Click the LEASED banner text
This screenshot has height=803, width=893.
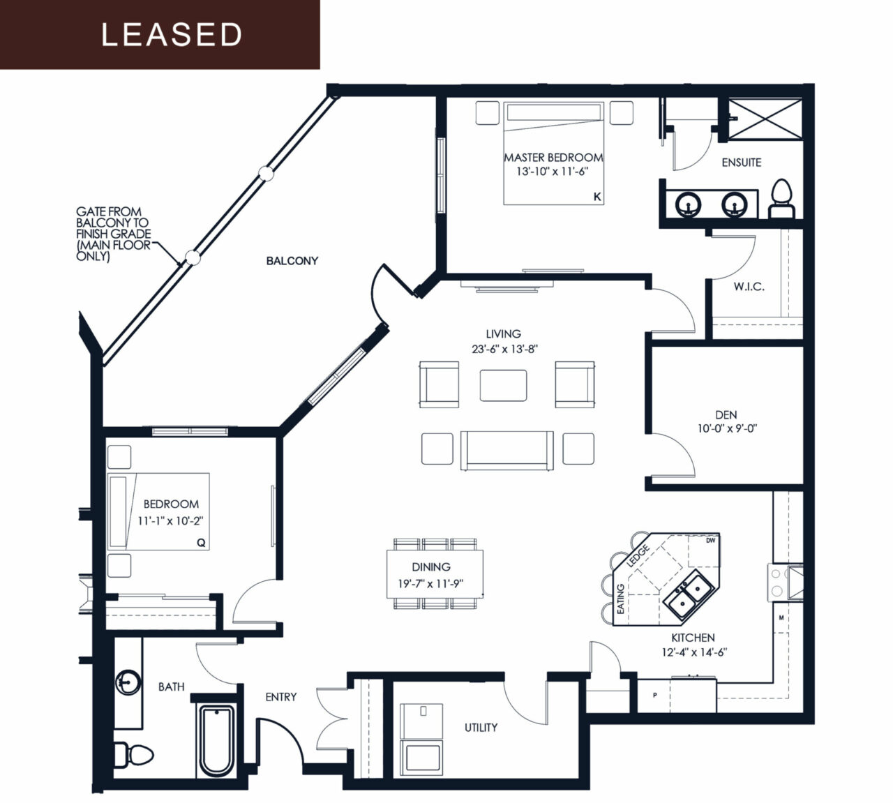click(172, 35)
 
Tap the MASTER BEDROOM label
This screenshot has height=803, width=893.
click(553, 158)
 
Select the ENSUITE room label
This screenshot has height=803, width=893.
click(741, 163)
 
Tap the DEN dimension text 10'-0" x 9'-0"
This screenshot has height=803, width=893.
click(727, 429)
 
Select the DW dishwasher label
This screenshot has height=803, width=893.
click(710, 541)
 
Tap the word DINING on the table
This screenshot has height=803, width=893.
click(430, 567)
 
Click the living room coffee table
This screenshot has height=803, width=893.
click(503, 384)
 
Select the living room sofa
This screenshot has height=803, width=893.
click(506, 451)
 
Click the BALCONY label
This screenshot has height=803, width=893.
click(292, 261)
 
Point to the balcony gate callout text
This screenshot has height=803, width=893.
click(113, 234)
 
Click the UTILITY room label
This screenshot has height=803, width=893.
click(481, 728)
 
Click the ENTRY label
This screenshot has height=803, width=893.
click(280, 697)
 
